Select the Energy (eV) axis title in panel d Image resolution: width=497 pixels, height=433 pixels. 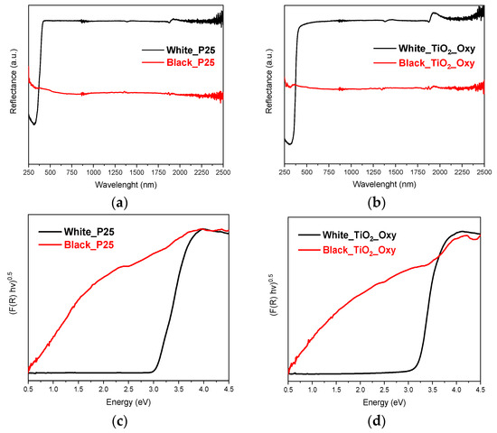pyautogui.click(x=384, y=403)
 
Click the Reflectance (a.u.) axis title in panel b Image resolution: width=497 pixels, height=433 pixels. pyautogui.click(x=269, y=88)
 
